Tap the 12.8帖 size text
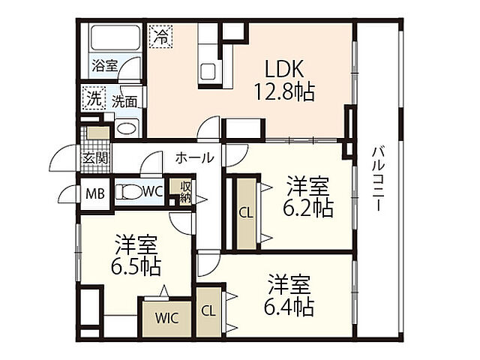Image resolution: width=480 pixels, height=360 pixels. [x=284, y=92]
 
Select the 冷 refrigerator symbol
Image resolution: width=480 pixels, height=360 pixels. [x=160, y=34]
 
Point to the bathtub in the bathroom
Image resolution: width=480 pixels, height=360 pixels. [x=113, y=40]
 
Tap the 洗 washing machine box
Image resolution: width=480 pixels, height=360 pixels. [x=94, y=98]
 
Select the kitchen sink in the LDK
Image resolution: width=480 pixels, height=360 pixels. [x=208, y=73]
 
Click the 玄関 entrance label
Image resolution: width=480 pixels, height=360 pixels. [x=95, y=158]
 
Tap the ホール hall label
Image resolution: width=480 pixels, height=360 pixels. [x=195, y=158]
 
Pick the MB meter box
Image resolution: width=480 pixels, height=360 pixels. [x=94, y=193]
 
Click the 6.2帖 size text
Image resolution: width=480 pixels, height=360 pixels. [x=307, y=208]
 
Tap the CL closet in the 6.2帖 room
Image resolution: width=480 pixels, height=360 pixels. [x=245, y=212]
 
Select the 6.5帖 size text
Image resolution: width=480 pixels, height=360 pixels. [x=135, y=265]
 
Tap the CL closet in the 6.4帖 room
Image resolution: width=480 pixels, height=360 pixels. [x=208, y=310]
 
